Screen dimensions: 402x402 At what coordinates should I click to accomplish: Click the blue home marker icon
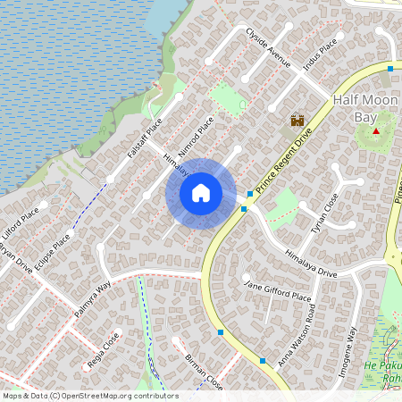coord(201,193)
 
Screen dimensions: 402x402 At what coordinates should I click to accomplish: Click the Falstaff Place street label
coord(144,138)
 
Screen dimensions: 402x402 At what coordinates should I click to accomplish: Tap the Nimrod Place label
coord(197,133)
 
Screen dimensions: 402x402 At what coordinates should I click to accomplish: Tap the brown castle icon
coord(297,121)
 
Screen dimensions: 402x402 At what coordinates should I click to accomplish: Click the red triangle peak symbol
coord(376,131)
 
